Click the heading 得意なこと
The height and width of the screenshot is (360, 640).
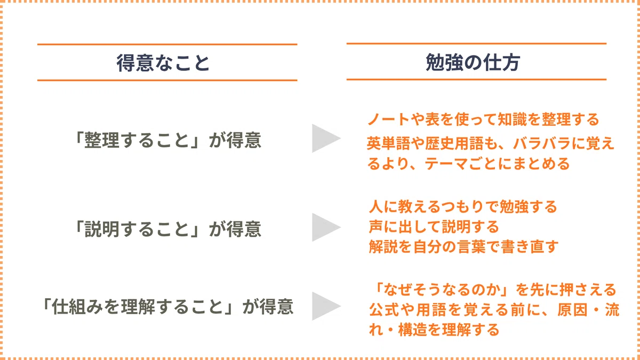[x=163, y=63]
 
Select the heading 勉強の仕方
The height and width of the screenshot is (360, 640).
[x=473, y=62]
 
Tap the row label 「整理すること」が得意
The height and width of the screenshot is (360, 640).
[x=167, y=140]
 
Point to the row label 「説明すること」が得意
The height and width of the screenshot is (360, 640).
[x=167, y=229]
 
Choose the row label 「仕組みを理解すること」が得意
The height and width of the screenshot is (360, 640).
[x=167, y=306]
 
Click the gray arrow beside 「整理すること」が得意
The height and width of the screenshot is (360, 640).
[x=326, y=138]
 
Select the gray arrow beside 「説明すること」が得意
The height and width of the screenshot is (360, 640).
[x=326, y=227]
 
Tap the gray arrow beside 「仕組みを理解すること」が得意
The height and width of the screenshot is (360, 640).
[x=326, y=306]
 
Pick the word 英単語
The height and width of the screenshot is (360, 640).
[x=388, y=143]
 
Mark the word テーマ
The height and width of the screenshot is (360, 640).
[x=446, y=164]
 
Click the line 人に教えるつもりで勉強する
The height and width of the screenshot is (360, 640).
[x=463, y=206]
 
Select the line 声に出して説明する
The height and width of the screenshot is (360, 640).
[x=434, y=227]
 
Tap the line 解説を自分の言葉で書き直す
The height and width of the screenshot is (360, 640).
[x=463, y=246]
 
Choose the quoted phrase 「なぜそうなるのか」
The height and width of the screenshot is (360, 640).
[x=443, y=290]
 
